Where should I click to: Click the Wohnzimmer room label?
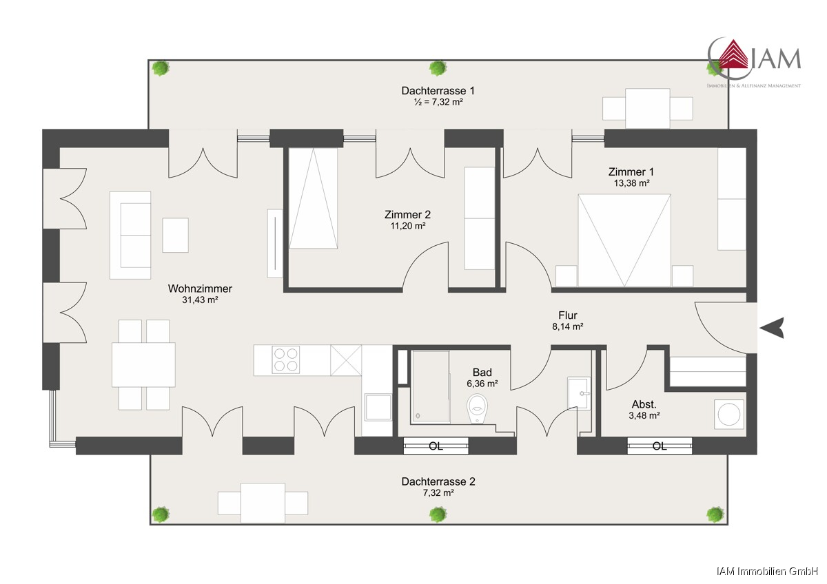click(200, 289)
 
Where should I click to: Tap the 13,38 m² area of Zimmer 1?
click(632, 183)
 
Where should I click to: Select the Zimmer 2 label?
click(407, 214)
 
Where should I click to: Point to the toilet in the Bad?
click(477, 409)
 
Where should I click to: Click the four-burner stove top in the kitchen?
click(286, 359)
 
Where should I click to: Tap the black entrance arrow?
click(772, 328)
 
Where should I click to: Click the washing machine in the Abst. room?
click(729, 415)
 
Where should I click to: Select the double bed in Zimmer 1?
click(624, 240)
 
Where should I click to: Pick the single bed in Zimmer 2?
click(313, 198)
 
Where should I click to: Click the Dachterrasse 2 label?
click(438, 481)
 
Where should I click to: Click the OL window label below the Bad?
click(436, 446)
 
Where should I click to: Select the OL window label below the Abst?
click(660, 446)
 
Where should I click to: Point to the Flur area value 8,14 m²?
click(567, 326)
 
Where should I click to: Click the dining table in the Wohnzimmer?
click(143, 365)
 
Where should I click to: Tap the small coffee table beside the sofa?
click(175, 235)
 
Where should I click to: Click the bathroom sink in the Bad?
click(578, 393)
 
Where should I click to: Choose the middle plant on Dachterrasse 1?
click(438, 68)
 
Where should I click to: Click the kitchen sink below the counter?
click(378, 407)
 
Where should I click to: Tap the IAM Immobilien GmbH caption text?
click(767, 572)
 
